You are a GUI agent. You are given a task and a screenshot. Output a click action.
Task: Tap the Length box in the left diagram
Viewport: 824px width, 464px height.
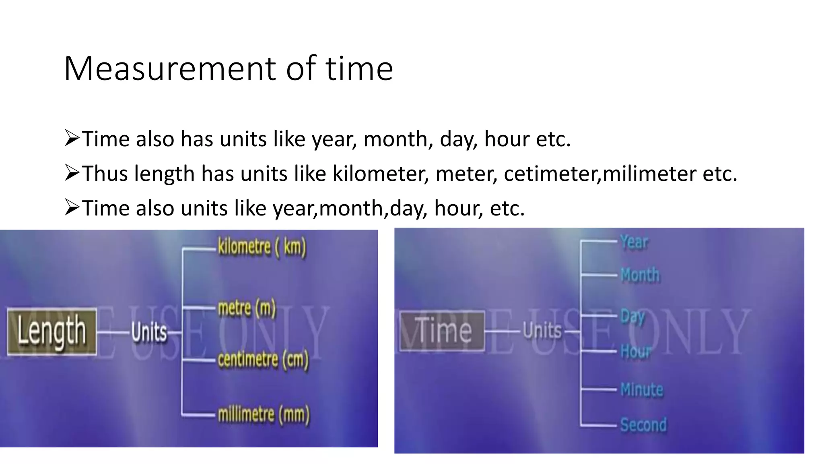point(52,332)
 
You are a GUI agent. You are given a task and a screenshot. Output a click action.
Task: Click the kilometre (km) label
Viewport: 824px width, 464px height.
point(262,246)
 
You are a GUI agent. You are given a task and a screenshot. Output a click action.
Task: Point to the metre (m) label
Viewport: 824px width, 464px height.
point(247,309)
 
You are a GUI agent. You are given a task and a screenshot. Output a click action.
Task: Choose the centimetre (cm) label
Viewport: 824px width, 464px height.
point(263,360)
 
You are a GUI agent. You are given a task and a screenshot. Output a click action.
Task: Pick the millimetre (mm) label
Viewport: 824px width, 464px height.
point(264,414)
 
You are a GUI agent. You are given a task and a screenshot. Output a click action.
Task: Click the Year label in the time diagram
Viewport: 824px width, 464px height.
point(634,242)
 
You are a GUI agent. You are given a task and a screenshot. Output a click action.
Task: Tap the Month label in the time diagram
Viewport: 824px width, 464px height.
point(640,275)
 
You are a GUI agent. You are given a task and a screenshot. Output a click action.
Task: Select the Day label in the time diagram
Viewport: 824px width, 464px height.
point(632,317)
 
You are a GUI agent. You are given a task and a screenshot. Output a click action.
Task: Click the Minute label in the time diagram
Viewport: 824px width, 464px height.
point(642,390)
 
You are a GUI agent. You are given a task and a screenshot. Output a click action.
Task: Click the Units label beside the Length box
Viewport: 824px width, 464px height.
point(149,333)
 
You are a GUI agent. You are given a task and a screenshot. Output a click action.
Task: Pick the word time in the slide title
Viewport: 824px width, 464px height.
point(359,68)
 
